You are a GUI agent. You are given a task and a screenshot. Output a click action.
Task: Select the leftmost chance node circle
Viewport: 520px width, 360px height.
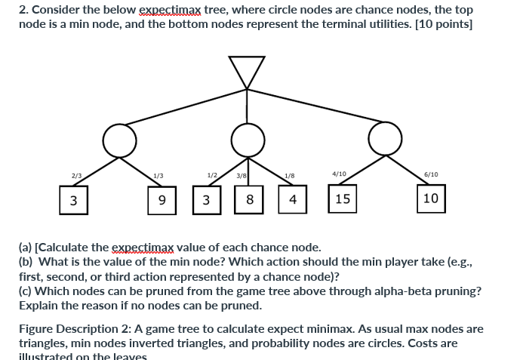tap(121, 138)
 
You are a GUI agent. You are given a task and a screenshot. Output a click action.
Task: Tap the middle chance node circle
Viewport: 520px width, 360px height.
tap(248, 138)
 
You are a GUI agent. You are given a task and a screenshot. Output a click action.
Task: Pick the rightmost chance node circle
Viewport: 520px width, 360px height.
tap(385, 138)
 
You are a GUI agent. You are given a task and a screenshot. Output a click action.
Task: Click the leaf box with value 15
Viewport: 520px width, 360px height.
tap(343, 198)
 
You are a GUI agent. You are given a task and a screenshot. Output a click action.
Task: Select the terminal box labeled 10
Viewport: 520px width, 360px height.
tap(430, 198)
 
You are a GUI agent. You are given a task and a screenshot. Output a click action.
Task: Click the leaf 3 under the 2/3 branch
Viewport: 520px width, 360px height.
tap(73, 201)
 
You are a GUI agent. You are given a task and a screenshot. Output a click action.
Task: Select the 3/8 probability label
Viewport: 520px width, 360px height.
tap(242, 176)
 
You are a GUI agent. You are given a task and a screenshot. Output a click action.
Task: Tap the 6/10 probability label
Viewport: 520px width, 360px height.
tap(431, 174)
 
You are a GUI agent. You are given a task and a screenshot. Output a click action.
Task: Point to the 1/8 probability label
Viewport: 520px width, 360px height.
tap(290, 176)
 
